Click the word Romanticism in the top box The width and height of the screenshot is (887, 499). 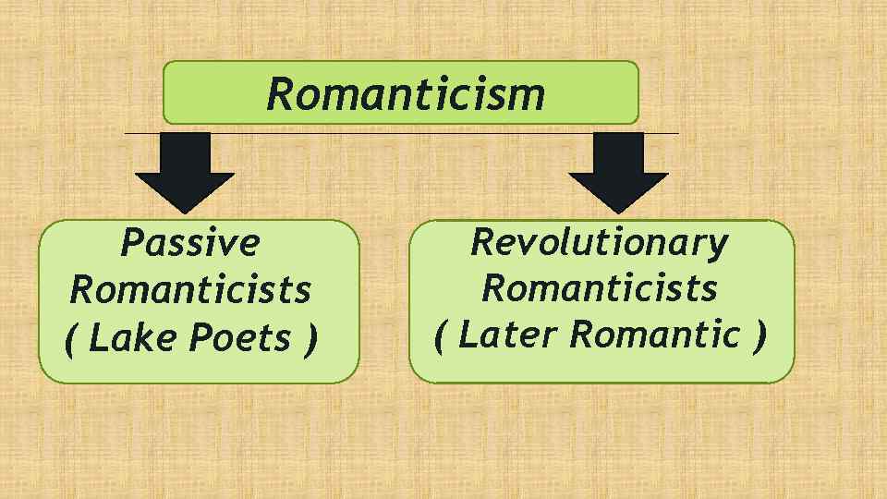click(406, 93)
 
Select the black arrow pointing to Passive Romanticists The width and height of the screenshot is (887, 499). click(185, 171)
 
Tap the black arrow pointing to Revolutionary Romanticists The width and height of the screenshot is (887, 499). click(618, 171)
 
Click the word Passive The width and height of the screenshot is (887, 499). click(190, 243)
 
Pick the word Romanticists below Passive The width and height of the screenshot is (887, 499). click(190, 290)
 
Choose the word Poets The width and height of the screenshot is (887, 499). click(239, 339)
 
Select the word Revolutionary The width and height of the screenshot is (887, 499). click(600, 242)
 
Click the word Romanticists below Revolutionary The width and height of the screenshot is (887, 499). click(600, 288)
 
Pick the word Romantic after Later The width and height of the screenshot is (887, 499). click(655, 335)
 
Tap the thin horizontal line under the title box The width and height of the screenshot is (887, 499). click(402, 133)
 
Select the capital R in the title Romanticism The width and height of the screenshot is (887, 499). click(278, 93)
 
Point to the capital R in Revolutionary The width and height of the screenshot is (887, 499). click(483, 242)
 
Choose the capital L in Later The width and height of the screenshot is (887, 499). click(468, 335)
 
